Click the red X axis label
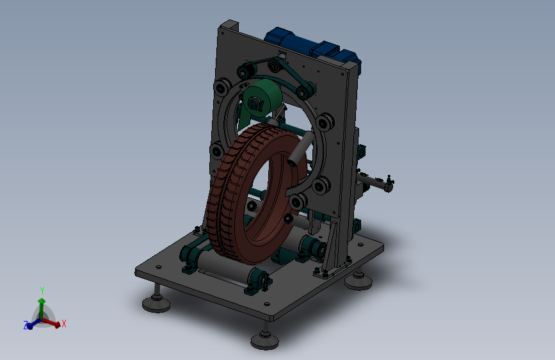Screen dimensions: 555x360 tap(64, 323)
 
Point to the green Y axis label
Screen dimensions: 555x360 tap(42, 291)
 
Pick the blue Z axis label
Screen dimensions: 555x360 tap(26, 325)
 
